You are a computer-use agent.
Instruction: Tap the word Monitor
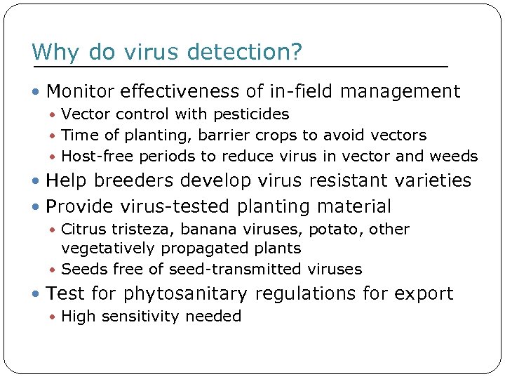click(81, 91)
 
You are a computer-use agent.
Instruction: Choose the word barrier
click(231, 135)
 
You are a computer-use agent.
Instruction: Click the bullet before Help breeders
click(37, 181)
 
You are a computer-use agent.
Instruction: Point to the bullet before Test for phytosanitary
click(37, 293)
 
